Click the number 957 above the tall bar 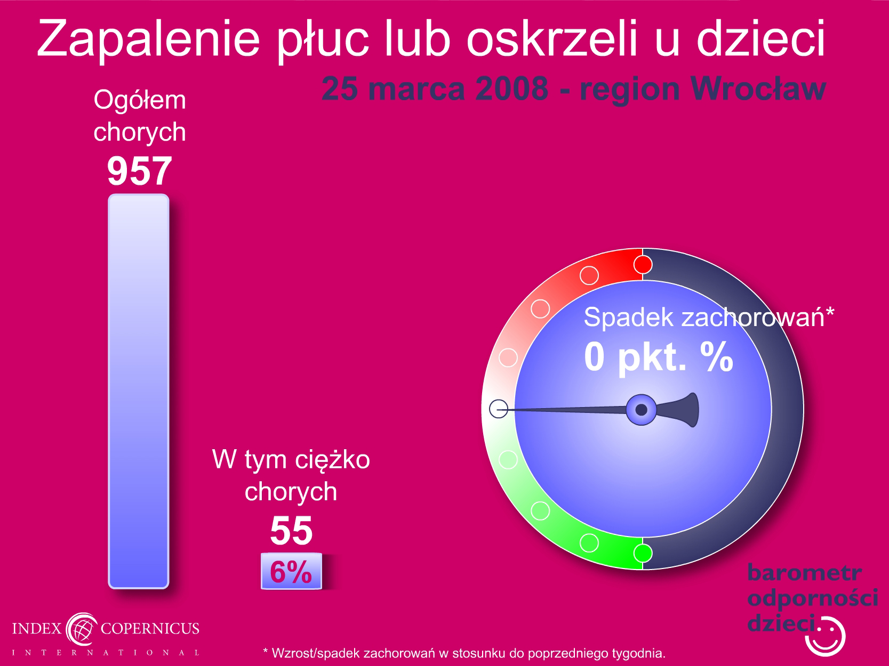[140, 171]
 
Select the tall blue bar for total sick [139, 391]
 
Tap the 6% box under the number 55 [291, 571]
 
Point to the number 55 [291, 531]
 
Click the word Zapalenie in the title [148, 39]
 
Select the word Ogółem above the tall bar [140, 100]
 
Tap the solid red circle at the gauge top [643, 265]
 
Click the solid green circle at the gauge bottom [643, 553]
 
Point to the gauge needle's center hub [641, 410]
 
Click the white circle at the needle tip [499, 409]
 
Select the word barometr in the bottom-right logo [804, 573]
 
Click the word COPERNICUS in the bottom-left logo [150, 628]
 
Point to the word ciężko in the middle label [332, 460]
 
